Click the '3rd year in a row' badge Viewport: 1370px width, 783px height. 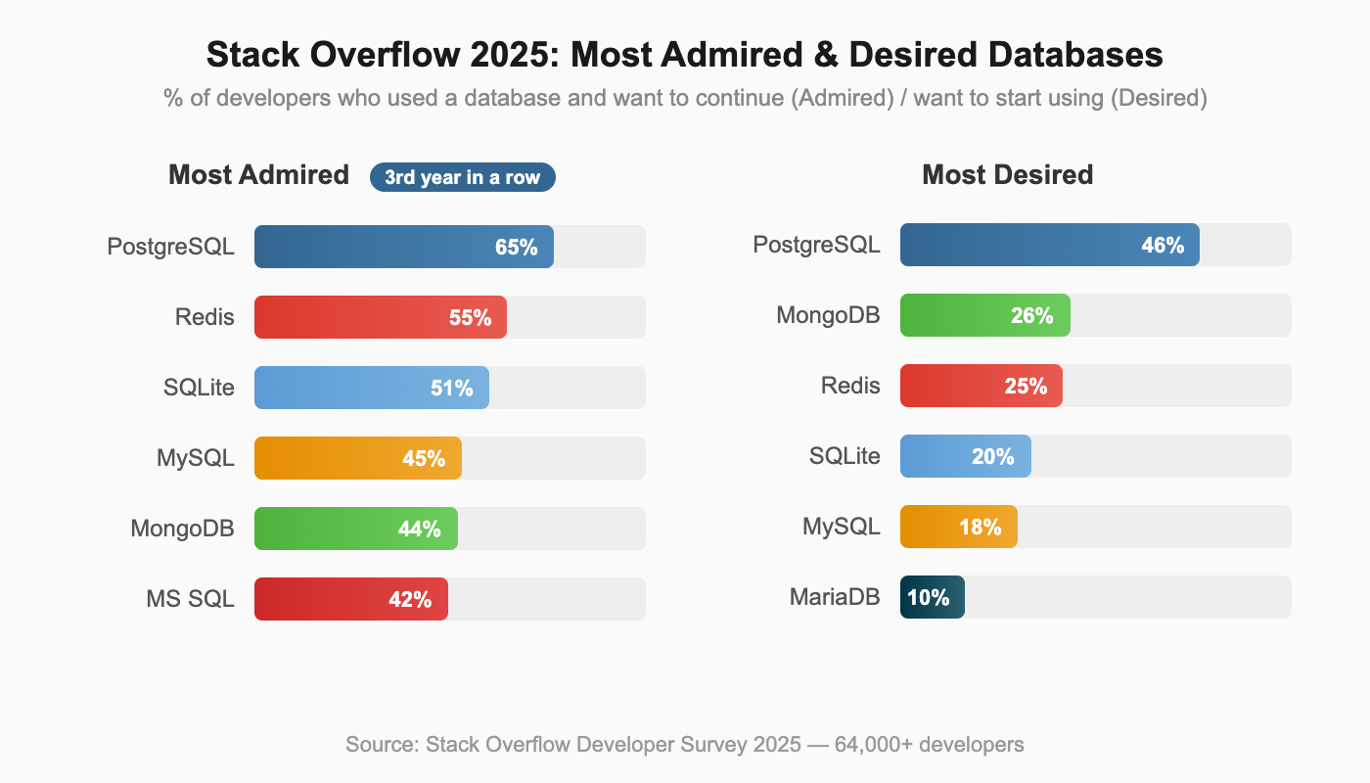462,177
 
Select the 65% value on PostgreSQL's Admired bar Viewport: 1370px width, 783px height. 516,247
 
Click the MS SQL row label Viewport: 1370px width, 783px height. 185,599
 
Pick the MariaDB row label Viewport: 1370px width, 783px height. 835,597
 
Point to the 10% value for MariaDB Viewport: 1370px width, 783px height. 928,597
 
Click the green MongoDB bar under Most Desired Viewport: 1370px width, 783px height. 984,315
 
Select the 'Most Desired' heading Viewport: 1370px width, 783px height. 1007,175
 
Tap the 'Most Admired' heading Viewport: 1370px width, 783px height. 258,175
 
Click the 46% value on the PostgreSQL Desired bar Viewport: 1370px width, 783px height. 1163,245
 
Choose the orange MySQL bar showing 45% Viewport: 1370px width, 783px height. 357,458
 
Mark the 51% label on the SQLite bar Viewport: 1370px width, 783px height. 451,388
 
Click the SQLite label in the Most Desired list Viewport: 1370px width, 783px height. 845,456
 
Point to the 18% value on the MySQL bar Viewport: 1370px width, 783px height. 980,527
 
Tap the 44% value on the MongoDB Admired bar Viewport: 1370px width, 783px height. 419,529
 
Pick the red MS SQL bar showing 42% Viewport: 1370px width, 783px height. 350,599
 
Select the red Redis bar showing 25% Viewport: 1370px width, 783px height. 981,386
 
